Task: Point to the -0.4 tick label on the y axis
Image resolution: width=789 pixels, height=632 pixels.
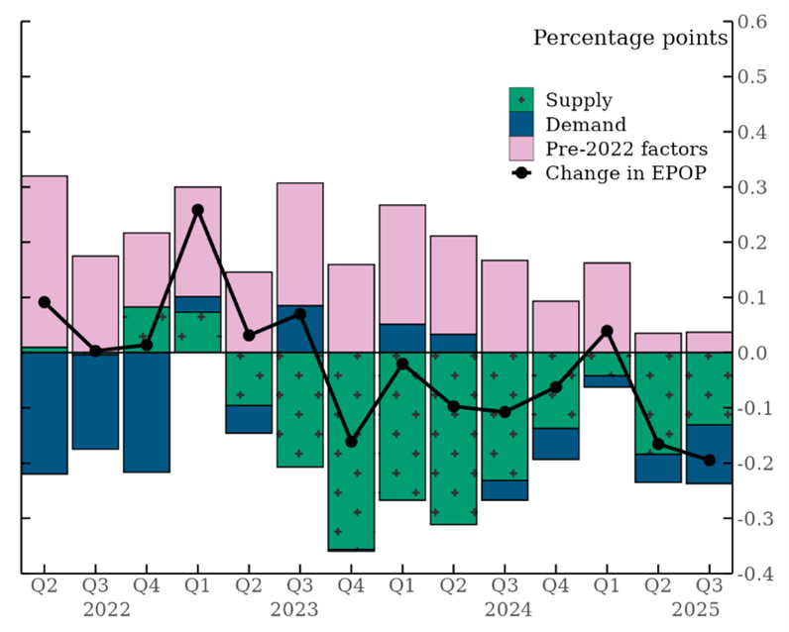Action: (x=755, y=573)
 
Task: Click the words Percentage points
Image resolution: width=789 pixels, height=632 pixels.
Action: (x=630, y=39)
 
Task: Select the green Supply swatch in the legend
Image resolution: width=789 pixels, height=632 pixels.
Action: (x=521, y=100)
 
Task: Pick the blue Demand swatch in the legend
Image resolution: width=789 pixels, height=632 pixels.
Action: (x=521, y=125)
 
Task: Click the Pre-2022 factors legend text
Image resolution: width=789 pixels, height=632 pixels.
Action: (x=626, y=150)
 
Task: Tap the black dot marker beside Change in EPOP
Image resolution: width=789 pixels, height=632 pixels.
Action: (x=521, y=173)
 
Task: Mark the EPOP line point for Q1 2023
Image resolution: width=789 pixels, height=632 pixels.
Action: (x=197, y=210)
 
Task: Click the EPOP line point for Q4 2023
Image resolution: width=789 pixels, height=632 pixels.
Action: (x=351, y=442)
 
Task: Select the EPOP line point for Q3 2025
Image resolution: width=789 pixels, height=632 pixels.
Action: (x=708, y=460)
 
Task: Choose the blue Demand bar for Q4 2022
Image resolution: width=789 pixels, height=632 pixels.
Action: (x=146, y=412)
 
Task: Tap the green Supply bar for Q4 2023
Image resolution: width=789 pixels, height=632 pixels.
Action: (x=351, y=450)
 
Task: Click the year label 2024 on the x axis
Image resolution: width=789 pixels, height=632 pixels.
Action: (x=505, y=607)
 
